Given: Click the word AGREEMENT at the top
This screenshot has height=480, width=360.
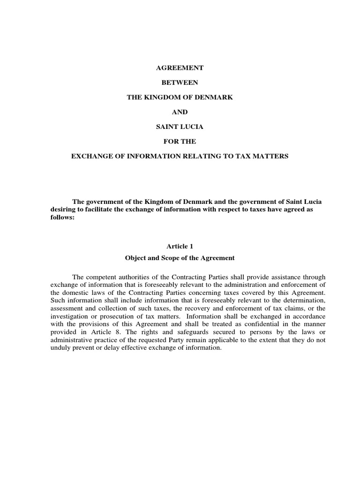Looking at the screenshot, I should coord(180,68).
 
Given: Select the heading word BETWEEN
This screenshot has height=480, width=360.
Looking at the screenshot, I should coord(180,82).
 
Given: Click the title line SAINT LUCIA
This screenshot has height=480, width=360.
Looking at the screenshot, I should coord(180,127).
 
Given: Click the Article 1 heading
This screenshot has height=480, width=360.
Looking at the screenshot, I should coord(180,246).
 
